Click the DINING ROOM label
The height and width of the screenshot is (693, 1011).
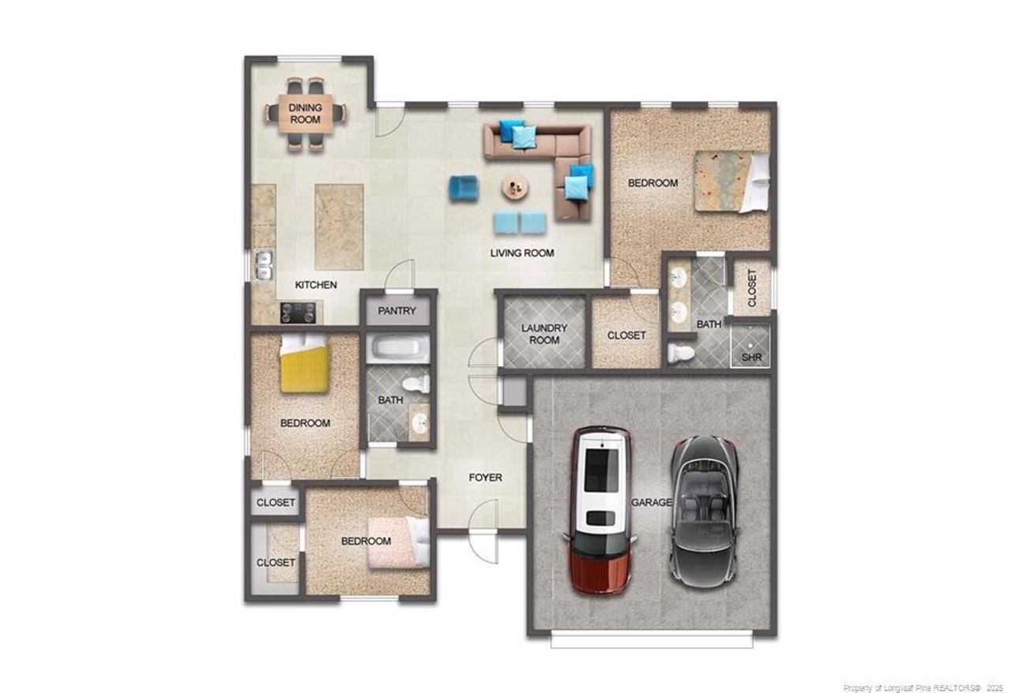point(306,114)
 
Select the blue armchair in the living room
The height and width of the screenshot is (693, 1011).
point(463,189)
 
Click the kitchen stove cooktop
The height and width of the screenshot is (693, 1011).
point(298,313)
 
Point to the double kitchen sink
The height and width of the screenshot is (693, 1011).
point(264,265)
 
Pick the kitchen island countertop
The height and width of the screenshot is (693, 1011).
point(339,227)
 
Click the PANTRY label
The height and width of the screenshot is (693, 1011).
point(397,311)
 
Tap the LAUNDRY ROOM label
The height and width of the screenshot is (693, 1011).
point(544,334)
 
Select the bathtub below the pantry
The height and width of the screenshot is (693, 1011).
point(397,348)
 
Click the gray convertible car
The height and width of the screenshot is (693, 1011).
point(705,512)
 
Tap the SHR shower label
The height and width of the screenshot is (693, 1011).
point(751,358)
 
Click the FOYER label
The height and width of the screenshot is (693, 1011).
point(485,478)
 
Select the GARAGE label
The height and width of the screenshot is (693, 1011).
point(652,502)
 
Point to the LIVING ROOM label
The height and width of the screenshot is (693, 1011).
point(522,253)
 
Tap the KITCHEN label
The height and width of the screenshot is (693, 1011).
point(316,285)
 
